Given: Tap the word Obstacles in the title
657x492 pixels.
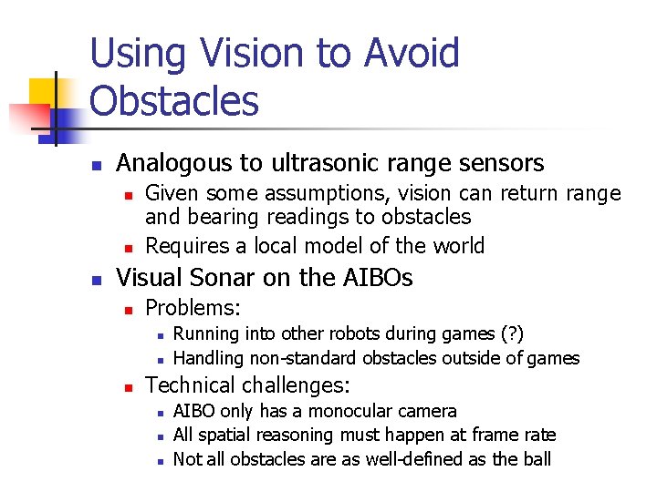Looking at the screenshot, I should (174, 101).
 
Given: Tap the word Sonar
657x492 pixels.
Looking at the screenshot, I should (229, 278).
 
